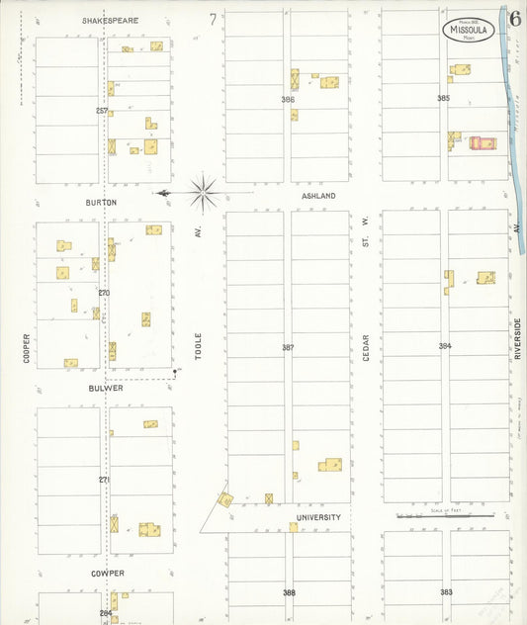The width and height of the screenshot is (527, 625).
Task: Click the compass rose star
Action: (204, 192)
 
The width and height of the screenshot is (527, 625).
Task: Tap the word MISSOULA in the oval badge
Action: (469, 30)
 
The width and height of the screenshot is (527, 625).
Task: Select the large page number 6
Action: (515, 17)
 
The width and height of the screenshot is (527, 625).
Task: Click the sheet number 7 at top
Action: (213, 18)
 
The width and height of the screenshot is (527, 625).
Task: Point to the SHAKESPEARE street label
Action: (111, 20)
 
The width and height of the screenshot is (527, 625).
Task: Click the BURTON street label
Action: (101, 202)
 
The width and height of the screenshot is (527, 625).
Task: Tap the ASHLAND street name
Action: (319, 196)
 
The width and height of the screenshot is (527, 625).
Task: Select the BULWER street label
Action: (105, 388)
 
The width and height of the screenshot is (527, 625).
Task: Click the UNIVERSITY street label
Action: (318, 517)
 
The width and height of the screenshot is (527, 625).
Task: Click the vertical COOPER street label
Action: (27, 346)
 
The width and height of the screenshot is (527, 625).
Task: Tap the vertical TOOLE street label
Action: (198, 344)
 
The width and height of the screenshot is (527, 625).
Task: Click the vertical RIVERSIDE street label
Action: (517, 338)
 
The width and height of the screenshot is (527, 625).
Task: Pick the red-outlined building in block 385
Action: (482, 143)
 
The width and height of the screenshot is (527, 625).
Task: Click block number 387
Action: (288, 347)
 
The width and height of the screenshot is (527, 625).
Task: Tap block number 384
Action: (445, 345)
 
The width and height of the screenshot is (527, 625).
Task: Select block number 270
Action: (104, 293)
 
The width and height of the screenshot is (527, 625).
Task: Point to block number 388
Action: (289, 592)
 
